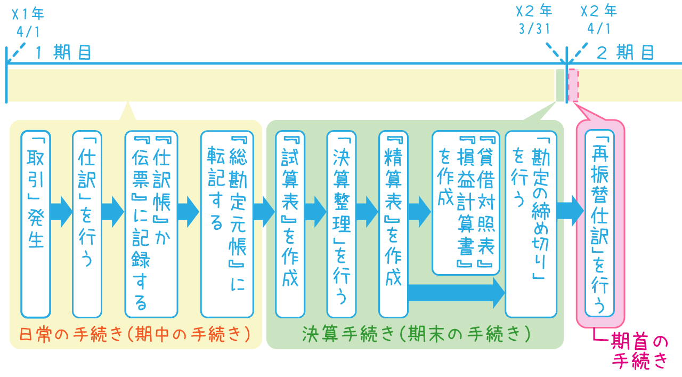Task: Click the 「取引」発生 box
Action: pyautogui.click(x=36, y=224)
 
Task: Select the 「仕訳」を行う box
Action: pyautogui.click(x=87, y=224)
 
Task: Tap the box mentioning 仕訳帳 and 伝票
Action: pyautogui.click(x=151, y=224)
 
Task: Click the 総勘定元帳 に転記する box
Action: pyautogui.click(x=227, y=224)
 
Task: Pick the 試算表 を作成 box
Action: pyautogui.click(x=290, y=224)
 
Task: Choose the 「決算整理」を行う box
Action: pyautogui.click(x=342, y=224)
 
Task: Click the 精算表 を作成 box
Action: pyautogui.click(x=393, y=224)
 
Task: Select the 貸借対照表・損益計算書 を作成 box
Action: pyautogui.click(x=466, y=203)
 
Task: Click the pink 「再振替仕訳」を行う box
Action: pyautogui.click(x=599, y=224)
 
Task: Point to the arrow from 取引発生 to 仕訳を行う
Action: pyautogui.click(x=61, y=212)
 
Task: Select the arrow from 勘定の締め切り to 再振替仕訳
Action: pyautogui.click(x=570, y=210)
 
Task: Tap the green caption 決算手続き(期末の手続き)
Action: pyautogui.click(x=416, y=334)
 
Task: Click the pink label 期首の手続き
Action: pyautogui.click(x=638, y=351)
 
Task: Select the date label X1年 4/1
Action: pyautogui.click(x=28, y=21)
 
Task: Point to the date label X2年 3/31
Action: pyautogui.click(x=534, y=20)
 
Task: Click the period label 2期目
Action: pyautogui.click(x=624, y=53)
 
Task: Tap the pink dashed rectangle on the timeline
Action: pyautogui.click(x=573, y=85)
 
